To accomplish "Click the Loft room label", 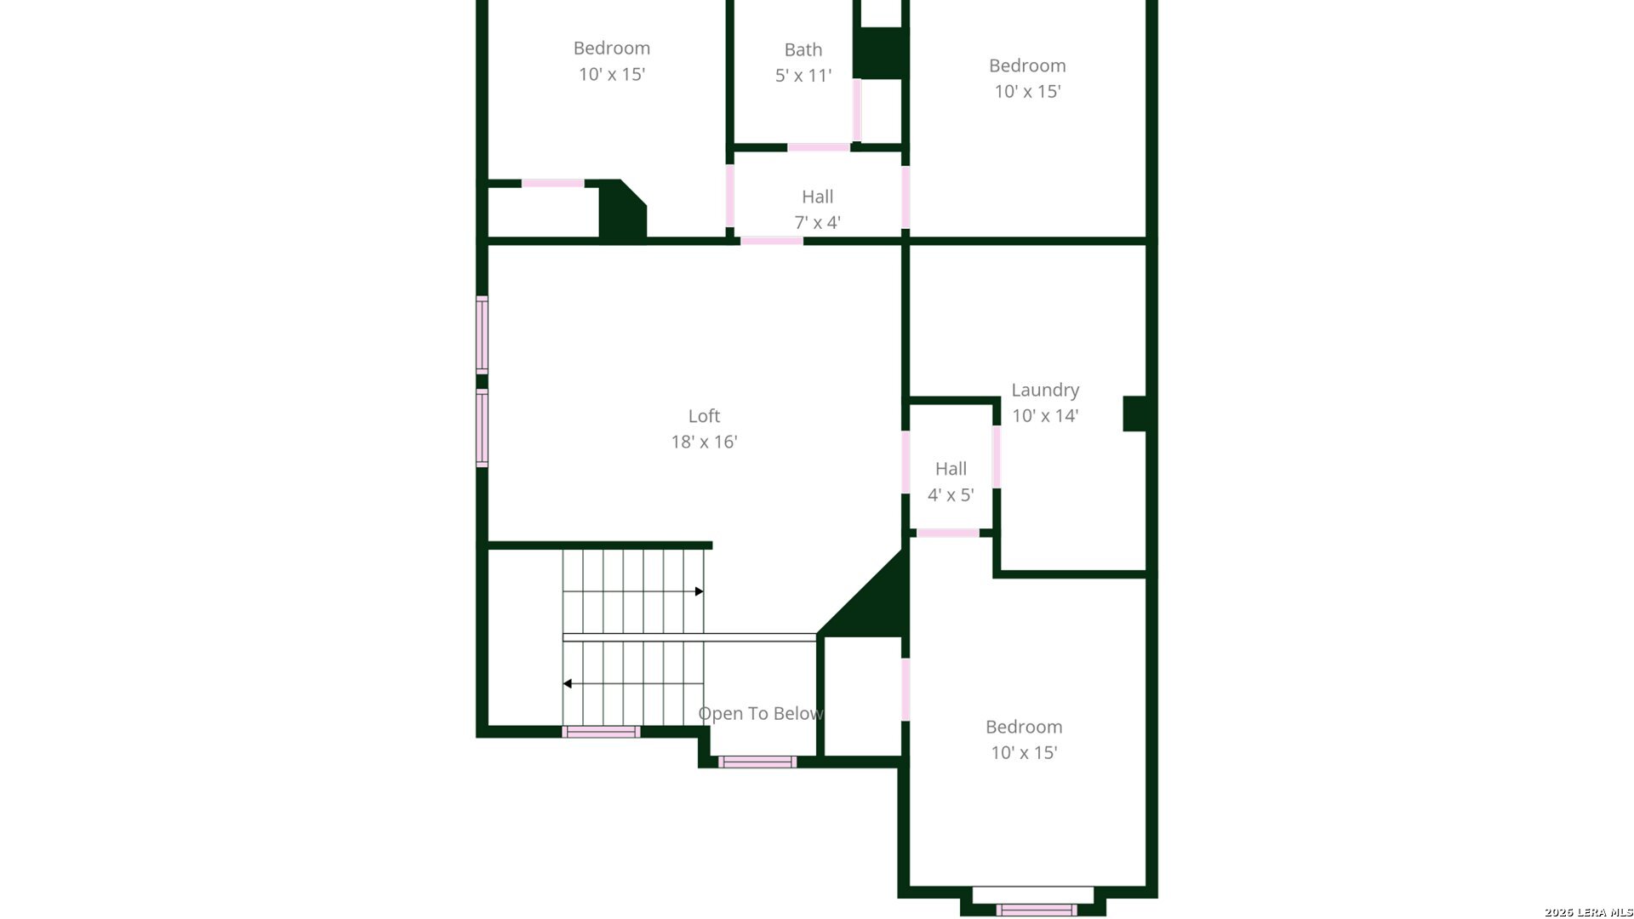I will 704,416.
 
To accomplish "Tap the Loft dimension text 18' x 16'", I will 704,442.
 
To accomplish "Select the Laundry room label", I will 1045,390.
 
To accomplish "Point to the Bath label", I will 803,50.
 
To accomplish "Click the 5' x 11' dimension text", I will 803,76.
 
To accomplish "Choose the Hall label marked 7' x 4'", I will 817,197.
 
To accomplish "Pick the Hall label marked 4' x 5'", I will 951,469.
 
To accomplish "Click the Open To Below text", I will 760,714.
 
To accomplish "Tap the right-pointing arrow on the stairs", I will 700,591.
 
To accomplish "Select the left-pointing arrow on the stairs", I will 568,683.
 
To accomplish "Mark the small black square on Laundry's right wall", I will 1135,414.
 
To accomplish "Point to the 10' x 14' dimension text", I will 1045,416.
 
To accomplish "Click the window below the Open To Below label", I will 757,762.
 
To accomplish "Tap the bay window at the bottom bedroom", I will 1036,909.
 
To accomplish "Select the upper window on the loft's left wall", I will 482,334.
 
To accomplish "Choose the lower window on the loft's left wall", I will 482,428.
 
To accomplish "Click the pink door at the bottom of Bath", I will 818,147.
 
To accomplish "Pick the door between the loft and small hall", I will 906,462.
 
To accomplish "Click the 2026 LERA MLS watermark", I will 1588,912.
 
